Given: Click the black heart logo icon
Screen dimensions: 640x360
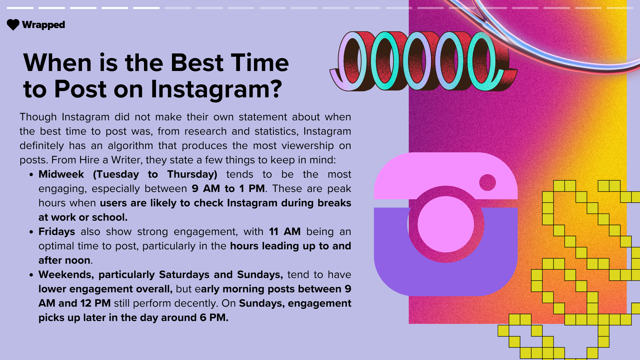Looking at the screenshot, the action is (x=13, y=25).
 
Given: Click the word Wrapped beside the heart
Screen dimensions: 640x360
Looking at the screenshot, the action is (x=43, y=25).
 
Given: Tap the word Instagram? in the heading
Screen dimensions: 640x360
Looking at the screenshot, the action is (x=216, y=89).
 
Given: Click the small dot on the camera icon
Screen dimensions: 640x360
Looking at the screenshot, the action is (x=487, y=182).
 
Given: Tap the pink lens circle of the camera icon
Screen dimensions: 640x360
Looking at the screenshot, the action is (x=446, y=224).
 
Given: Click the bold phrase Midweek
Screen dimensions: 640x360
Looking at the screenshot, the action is (x=61, y=174).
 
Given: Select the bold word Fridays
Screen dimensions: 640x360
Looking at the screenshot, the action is (x=57, y=232).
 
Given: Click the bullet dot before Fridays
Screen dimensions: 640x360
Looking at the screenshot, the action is (x=31, y=232).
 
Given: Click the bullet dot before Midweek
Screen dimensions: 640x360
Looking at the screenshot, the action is (x=31, y=175).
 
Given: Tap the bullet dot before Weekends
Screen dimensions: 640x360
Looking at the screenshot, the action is (x=31, y=275).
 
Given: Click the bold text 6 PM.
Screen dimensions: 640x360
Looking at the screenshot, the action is (x=214, y=318).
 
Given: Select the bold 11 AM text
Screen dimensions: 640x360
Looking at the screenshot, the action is (x=285, y=232).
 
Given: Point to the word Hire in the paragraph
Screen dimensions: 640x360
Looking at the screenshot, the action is (x=89, y=160).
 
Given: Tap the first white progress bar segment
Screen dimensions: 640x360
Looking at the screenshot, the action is (x=20, y=8).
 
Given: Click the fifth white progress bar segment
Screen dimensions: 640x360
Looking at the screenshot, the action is (x=146, y=8).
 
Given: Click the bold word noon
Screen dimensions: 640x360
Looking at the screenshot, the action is (x=77, y=260).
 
